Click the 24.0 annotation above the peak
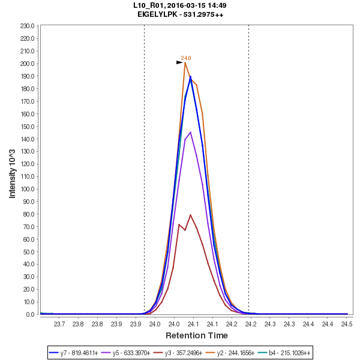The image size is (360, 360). pyautogui.click(x=186, y=58)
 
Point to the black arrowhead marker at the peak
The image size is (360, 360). pyautogui.click(x=179, y=62)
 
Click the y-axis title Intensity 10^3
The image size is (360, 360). pyautogui.click(x=13, y=170)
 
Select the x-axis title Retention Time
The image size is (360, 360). pyautogui.click(x=196, y=335)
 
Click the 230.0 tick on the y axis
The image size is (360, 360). pyautogui.click(x=28, y=26)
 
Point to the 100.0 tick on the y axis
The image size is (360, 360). pyautogui.click(x=28, y=189)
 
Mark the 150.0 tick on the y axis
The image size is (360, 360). pyautogui.click(x=28, y=127)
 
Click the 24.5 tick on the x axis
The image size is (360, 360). pyautogui.click(x=346, y=324)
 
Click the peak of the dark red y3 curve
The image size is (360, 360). pyautogui.click(x=190, y=215)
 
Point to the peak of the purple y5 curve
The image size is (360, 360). pyautogui.click(x=191, y=132)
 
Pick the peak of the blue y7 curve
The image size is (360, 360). pyautogui.click(x=190, y=76)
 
